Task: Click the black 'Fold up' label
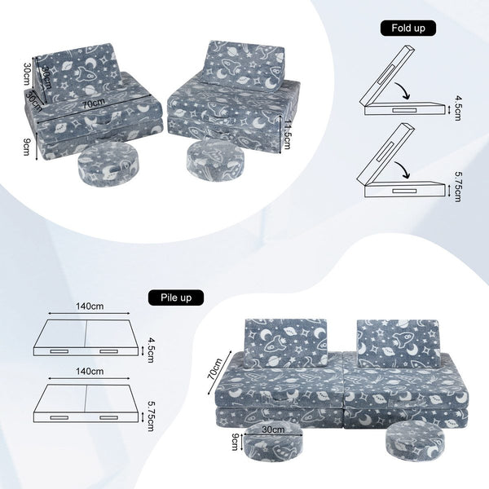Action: [408, 29]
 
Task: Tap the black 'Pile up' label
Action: [176, 297]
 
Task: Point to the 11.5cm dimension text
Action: [287, 134]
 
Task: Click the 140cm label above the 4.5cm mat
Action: [90, 306]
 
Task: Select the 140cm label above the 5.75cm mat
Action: [90, 372]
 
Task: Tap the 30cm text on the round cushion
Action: [273, 430]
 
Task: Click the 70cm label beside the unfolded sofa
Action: [214, 368]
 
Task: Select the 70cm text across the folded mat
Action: [95, 103]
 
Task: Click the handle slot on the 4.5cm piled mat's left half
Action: [59, 351]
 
